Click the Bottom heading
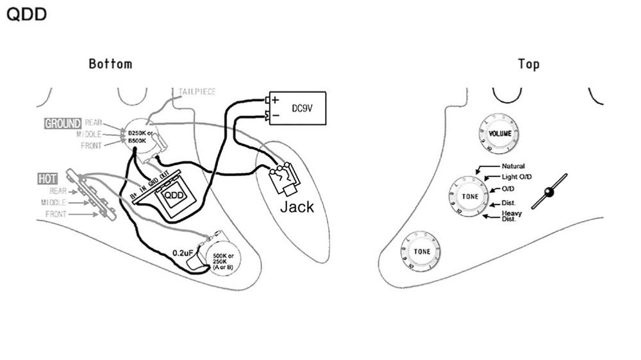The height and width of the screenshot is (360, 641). click(110, 64)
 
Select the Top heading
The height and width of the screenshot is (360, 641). click(529, 64)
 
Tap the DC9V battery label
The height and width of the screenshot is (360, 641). click(302, 108)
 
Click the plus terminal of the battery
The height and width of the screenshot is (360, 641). click(275, 101)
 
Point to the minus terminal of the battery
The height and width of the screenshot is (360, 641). click(275, 115)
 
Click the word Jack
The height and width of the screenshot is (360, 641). click(297, 207)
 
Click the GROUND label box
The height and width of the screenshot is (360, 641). click(63, 124)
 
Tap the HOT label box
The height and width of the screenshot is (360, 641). click(47, 179)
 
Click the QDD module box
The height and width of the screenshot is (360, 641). click(171, 195)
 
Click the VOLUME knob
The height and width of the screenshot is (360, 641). click(499, 133)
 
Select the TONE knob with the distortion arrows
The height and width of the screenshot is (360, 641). click(469, 195)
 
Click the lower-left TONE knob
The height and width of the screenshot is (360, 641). click(421, 252)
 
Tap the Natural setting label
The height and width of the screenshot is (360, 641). click(513, 167)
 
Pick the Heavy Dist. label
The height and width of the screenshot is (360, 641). click(511, 217)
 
